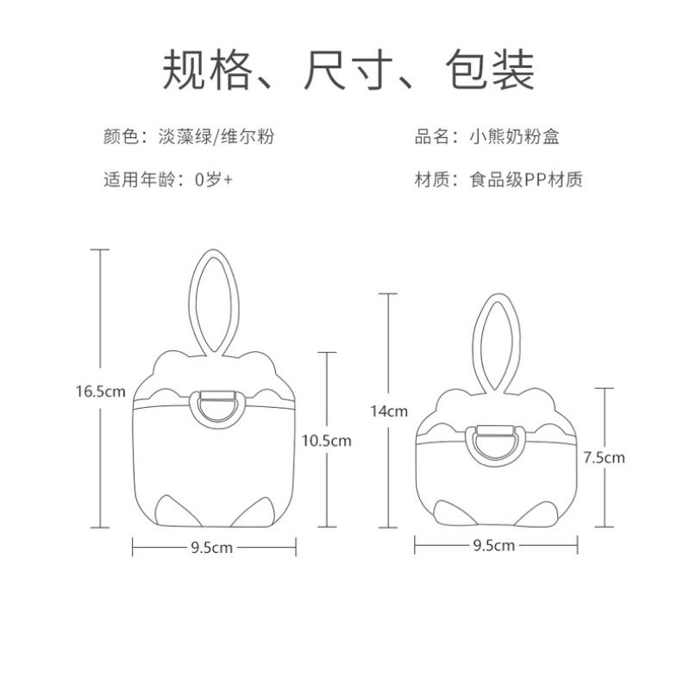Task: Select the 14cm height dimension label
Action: (388, 411)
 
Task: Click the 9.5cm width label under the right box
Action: (494, 545)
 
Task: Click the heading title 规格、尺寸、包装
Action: (345, 72)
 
